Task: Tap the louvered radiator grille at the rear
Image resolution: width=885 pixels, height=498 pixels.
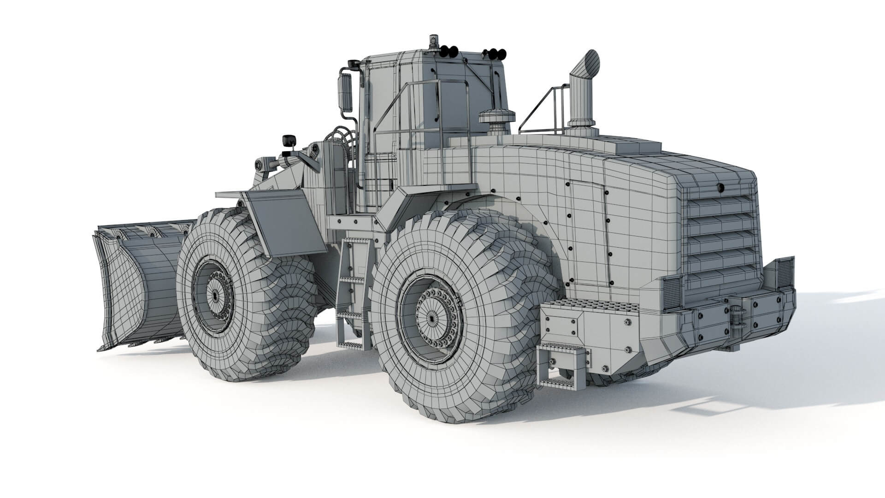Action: tap(721, 235)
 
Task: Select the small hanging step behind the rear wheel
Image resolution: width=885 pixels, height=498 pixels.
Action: tap(562, 367)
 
